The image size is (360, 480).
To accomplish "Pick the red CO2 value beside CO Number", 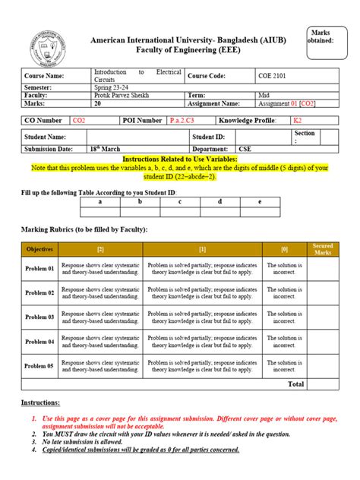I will pyautogui.click(x=79, y=120).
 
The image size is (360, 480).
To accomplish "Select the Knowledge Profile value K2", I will pyautogui.click(x=297, y=120).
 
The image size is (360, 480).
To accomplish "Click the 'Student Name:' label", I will pyautogui.click(x=46, y=137).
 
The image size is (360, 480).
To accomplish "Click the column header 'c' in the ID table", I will pyautogui.click(x=180, y=201).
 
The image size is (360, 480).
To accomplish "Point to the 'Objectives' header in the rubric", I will pyautogui.click(x=40, y=249).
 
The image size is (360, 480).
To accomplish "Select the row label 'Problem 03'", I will pyautogui.click(x=40, y=317).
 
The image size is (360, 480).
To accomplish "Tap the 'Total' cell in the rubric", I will pyautogui.click(x=295, y=384).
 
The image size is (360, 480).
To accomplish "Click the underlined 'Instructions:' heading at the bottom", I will pyautogui.click(x=40, y=403).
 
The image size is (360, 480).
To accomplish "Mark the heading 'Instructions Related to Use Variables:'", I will pyautogui.click(x=180, y=159).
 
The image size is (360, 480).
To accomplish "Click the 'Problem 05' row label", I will pyautogui.click(x=40, y=366).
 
